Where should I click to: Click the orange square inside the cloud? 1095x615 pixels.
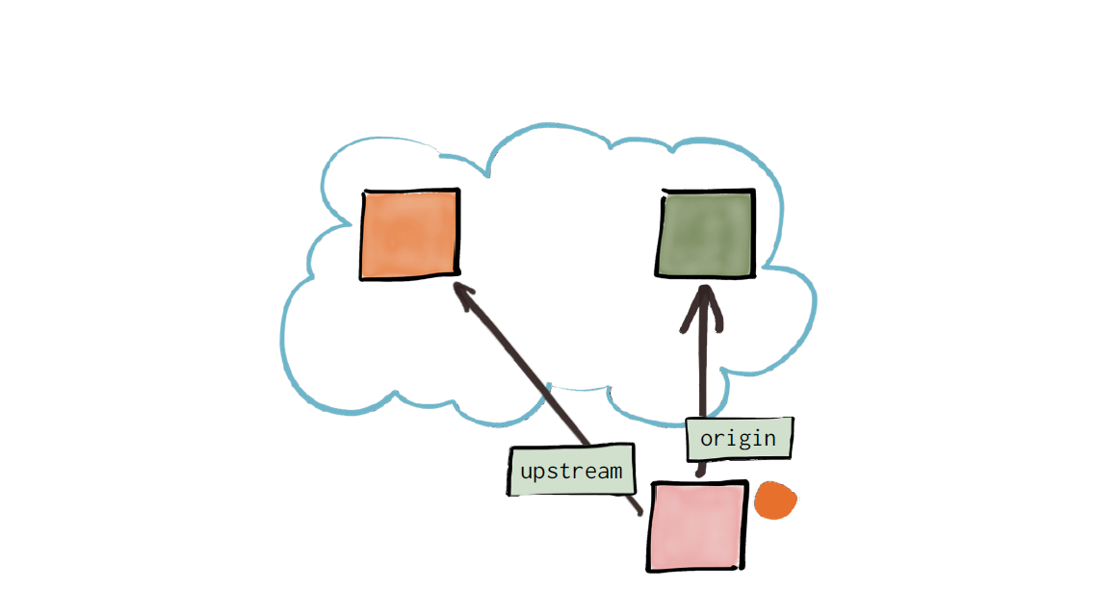(410, 235)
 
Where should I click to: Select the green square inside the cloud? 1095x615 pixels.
(705, 233)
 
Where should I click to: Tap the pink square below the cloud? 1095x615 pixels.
(697, 525)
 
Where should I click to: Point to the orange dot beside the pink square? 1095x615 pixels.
(775, 500)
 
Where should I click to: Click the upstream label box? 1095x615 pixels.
(571, 470)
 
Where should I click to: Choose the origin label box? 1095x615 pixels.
(740, 438)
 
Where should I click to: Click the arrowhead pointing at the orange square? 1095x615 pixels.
(464, 295)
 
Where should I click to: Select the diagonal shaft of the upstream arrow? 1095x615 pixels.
(547, 397)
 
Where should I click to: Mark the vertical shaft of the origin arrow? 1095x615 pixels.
(702, 380)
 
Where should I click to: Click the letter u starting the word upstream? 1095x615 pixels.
(527, 472)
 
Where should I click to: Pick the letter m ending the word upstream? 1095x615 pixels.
(614, 472)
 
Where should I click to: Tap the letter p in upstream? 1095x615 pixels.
(541, 474)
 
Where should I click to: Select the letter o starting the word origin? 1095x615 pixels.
(707, 439)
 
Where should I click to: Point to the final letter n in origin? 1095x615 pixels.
(769, 439)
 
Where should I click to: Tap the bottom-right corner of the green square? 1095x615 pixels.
(753, 275)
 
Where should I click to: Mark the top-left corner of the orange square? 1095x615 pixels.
(363, 192)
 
